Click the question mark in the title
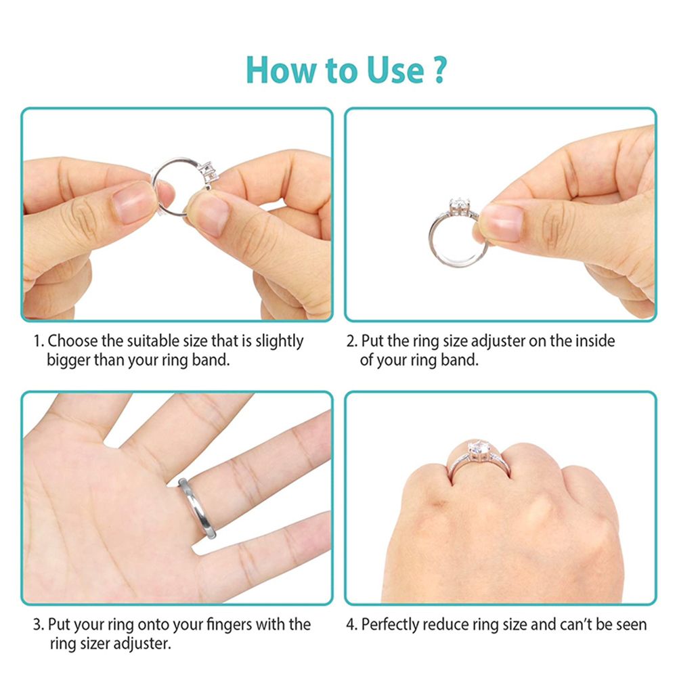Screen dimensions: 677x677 [439, 70]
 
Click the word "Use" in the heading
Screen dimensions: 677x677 [395, 70]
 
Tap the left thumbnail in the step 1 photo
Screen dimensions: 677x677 [133, 202]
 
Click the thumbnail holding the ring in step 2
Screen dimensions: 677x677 [502, 222]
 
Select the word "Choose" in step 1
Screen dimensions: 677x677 [72, 341]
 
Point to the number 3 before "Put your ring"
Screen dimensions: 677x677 [37, 625]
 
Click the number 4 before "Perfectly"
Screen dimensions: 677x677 [351, 625]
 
